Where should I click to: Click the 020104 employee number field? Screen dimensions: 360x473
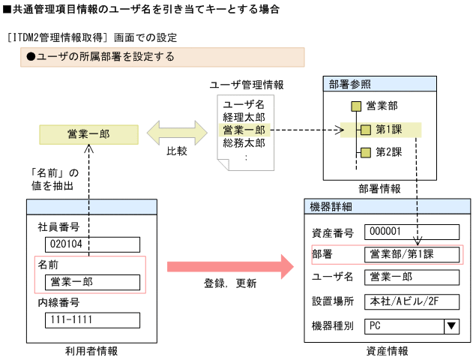point(91,244)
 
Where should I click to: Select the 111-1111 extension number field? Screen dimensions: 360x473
point(91,320)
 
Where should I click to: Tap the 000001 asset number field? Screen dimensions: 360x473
point(411,232)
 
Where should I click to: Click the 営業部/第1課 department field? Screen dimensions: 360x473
point(411,255)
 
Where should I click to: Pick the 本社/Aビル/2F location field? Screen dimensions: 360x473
point(411,301)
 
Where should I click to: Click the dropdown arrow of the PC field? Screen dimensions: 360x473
point(451,325)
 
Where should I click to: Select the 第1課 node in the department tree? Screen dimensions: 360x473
point(388,130)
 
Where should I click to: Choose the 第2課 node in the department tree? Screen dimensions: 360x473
point(388,153)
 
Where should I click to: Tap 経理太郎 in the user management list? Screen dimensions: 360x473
point(244,117)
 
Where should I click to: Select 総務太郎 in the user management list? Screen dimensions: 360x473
point(244,142)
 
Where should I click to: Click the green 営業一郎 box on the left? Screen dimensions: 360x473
point(88,133)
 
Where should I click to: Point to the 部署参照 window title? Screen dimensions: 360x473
point(349,84)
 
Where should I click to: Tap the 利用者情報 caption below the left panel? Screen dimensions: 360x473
point(91,350)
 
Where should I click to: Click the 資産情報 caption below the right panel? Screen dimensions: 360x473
point(388,350)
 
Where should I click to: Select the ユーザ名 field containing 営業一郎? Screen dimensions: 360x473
point(411,277)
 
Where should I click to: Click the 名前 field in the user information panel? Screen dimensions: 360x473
point(91,282)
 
